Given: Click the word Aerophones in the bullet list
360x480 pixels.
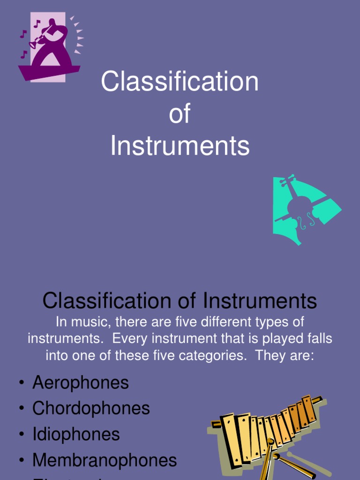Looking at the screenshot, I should click(x=80, y=383).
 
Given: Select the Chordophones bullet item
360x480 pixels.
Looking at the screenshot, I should click(x=91, y=408).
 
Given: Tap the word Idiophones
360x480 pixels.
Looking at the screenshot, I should click(x=76, y=434).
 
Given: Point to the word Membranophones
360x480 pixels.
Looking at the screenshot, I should click(x=105, y=460).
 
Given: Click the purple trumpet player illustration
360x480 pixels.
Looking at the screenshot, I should click(x=49, y=47).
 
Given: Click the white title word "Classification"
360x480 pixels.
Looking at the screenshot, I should click(x=180, y=82).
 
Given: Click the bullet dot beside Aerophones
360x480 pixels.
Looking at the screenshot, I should click(x=22, y=383).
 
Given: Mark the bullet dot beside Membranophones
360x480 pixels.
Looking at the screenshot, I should click(x=22, y=460).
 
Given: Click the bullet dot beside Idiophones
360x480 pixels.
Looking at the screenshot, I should click(x=22, y=435).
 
